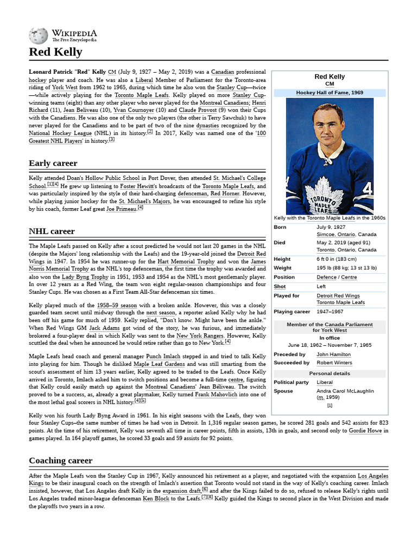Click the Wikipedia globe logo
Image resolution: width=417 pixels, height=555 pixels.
pos(39,36)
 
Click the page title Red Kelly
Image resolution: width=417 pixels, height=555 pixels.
pos(55,52)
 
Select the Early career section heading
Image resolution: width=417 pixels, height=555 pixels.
pos(53,163)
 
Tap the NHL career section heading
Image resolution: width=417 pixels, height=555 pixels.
pos(52,231)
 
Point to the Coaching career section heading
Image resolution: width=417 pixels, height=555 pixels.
pos(60,461)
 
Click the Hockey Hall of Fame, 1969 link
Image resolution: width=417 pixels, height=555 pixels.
pos(330,93)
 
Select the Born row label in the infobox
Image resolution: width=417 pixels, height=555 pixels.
pos(281,227)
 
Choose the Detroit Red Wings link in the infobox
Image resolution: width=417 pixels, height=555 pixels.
pos(338,295)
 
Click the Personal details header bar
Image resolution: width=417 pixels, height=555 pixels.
pos(330,373)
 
